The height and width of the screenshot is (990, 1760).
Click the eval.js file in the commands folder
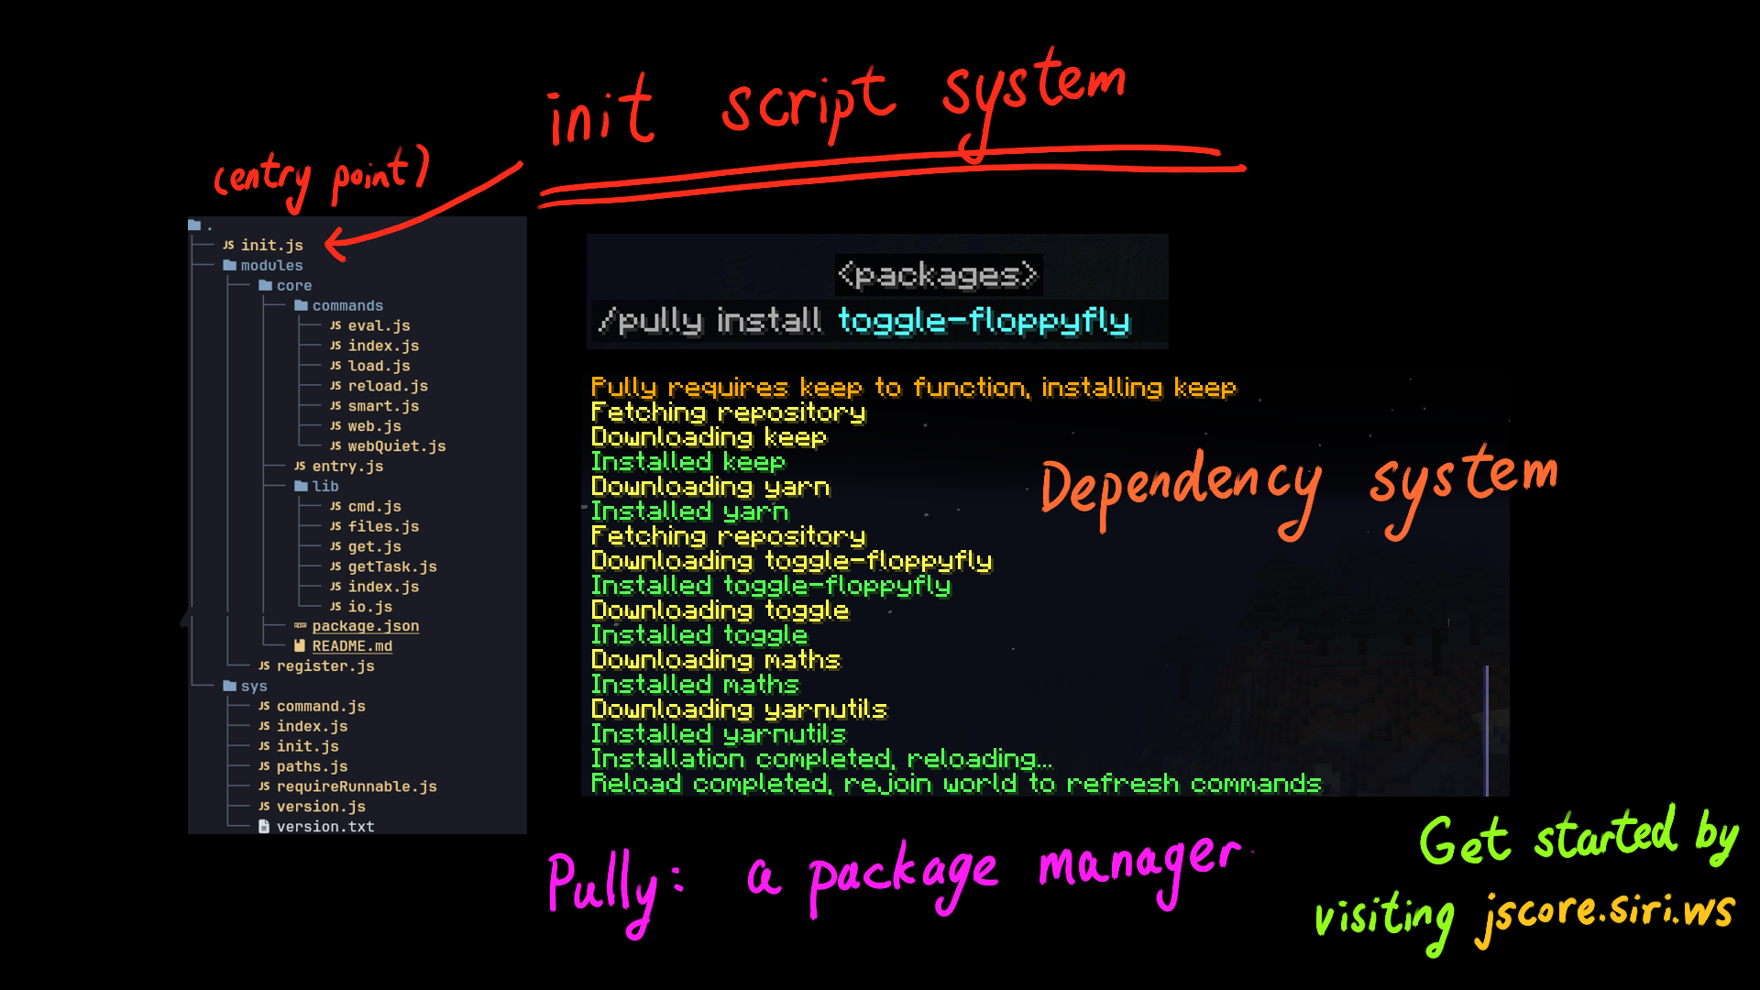[x=379, y=325]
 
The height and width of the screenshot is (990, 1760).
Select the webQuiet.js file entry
[x=396, y=446]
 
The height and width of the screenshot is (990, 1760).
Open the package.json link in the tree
[x=365, y=626]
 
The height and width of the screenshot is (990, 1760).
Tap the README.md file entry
[x=352, y=646]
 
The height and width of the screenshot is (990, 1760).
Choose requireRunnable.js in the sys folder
[x=357, y=786]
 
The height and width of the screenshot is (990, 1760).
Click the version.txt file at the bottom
[x=325, y=827]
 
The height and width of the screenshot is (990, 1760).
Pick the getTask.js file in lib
[x=392, y=566]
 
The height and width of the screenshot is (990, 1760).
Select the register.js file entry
[x=325, y=666]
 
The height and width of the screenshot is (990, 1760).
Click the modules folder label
[x=271, y=266]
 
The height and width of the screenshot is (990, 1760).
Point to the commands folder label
[x=347, y=306]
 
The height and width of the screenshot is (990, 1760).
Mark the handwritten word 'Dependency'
[x=1181, y=490]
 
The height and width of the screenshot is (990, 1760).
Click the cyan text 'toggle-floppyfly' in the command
[x=984, y=320]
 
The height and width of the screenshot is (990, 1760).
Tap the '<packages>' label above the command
[x=938, y=274]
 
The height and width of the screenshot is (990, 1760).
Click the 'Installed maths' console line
[x=695, y=684]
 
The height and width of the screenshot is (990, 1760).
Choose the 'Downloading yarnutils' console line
[x=739, y=709]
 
